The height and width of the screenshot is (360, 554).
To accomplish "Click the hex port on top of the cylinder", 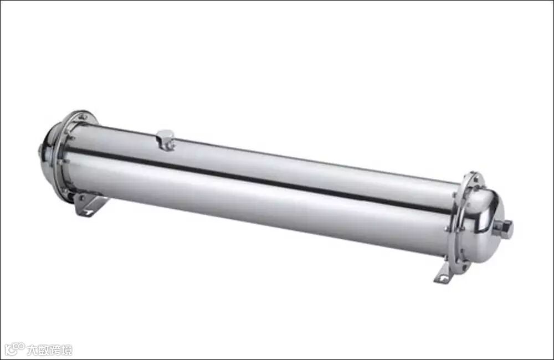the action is pos(165,140).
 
